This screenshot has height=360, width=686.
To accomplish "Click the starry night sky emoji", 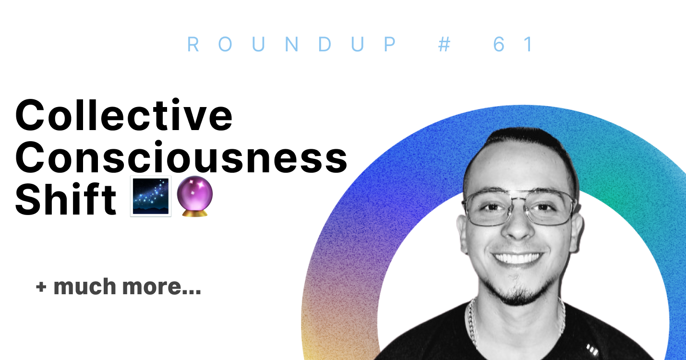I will [x=150, y=196].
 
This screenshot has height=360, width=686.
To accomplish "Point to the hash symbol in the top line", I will [x=445, y=45].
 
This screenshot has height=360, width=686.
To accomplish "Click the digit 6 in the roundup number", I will [x=499, y=45].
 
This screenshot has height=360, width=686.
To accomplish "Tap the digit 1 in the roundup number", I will [x=529, y=45].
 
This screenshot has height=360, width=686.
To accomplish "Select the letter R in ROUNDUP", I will [x=193, y=45].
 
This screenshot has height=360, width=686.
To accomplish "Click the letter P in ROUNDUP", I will [x=390, y=45].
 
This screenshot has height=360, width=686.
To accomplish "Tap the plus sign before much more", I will [x=41, y=287].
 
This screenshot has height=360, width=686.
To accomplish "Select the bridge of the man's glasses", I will [x=518, y=201].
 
